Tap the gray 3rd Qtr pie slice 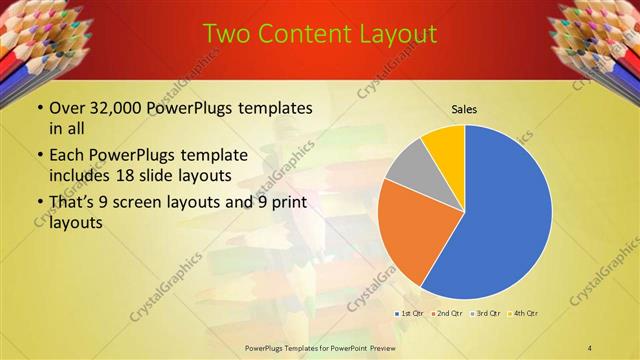pyautogui.click(x=408, y=165)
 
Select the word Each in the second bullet pyautogui.click(x=67, y=156)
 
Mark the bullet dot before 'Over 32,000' pyautogui.click(x=38, y=108)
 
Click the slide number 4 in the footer pyautogui.click(x=590, y=346)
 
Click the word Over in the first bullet pyautogui.click(x=67, y=108)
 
